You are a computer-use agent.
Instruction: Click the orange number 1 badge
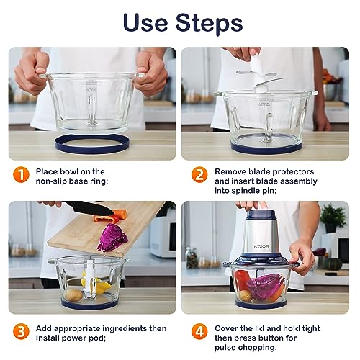pos(21,174)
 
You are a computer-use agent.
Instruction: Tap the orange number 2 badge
pos(199,174)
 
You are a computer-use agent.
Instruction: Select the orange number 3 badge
pos(21,331)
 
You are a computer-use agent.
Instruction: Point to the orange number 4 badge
pos(199,331)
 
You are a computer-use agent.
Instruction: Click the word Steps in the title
pos(209,23)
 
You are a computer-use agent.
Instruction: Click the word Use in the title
pos(145,22)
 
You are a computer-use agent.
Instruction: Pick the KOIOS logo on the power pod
pos(261,246)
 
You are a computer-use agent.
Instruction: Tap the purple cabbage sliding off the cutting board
pos(112,238)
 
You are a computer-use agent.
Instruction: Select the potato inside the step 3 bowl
pos(74,295)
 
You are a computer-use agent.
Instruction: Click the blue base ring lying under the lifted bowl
pos(92,144)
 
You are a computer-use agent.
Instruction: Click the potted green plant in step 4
pos(333,218)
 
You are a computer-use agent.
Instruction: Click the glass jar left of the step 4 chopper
pos(192,258)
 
